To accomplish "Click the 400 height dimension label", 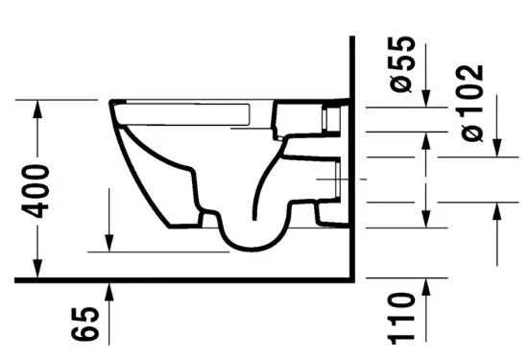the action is [36, 191].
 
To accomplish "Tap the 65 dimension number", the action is [85, 324].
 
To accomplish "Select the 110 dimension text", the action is [400, 319].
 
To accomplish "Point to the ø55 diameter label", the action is [402, 64].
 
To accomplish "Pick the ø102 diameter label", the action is [471, 103].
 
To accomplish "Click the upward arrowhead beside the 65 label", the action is [108, 292].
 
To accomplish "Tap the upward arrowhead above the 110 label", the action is [426, 287].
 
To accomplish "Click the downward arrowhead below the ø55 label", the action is [426, 99].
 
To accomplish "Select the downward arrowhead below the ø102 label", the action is [497, 148].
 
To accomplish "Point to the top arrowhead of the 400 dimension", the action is [37, 109].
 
